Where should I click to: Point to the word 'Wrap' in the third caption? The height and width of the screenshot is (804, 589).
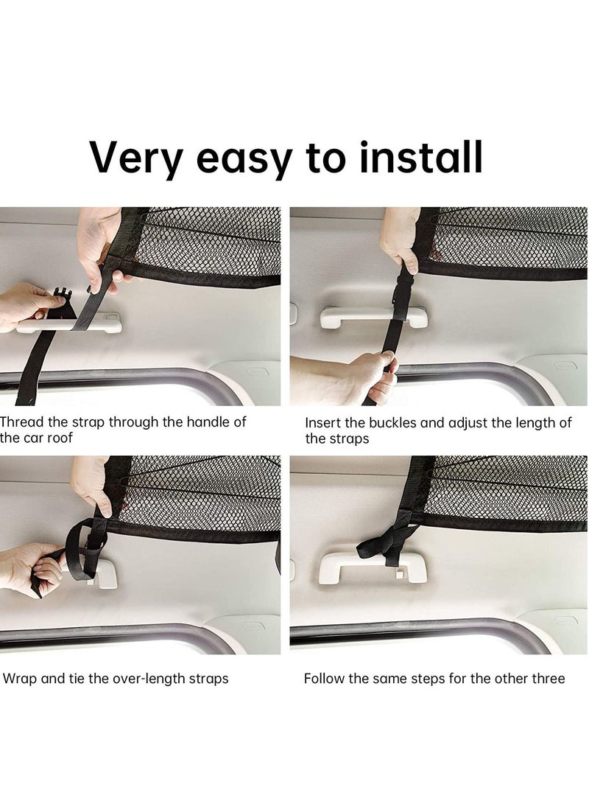[20, 678]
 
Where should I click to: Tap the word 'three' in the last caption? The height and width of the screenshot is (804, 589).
[548, 678]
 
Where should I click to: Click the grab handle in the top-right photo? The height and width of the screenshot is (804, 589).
[372, 318]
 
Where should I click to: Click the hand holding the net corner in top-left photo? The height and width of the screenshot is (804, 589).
[99, 240]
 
